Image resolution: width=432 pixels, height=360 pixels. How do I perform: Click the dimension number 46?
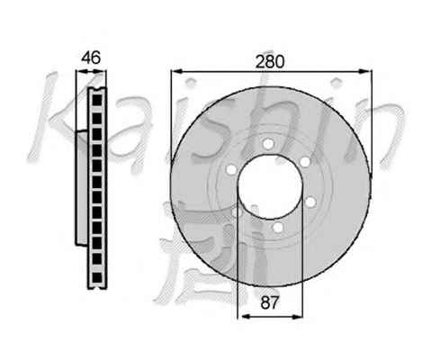92,58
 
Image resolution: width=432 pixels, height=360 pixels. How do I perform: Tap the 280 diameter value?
269,62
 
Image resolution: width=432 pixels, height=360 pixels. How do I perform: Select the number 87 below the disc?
270,302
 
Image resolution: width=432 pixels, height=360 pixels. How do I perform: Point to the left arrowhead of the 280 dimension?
176,71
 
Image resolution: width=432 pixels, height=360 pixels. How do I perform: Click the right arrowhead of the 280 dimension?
365,71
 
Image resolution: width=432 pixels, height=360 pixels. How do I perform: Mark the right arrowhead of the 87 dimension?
296,316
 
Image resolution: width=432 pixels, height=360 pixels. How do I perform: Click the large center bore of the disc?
270,186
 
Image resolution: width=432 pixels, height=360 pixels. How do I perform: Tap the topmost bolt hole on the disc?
268,144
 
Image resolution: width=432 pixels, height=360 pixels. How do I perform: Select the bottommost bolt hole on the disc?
278,227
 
